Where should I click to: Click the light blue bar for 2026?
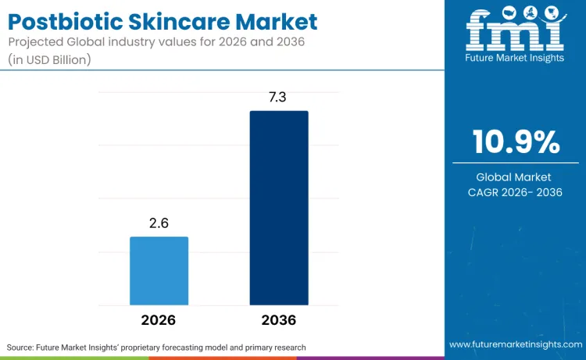point(159,270)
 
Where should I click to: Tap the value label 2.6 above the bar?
point(159,223)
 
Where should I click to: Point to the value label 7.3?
point(279,98)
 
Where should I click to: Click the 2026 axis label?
point(159,320)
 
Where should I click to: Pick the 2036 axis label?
point(279,320)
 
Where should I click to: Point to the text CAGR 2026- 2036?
point(516,192)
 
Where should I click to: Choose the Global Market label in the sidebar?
point(516,177)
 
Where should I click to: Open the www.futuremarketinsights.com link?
point(515,344)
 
